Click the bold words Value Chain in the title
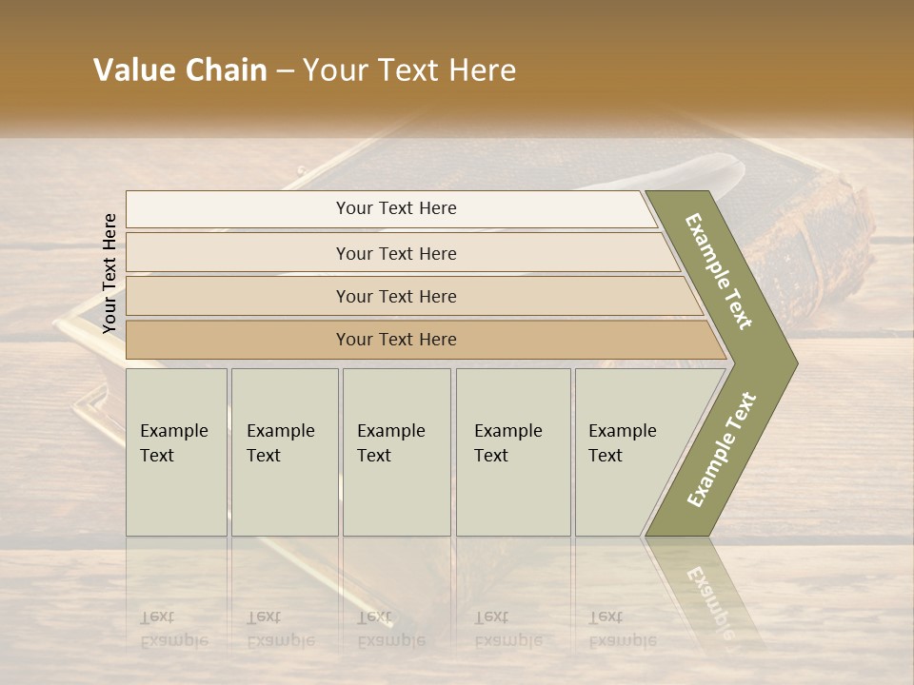180,70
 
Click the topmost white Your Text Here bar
395,208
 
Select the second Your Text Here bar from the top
395,253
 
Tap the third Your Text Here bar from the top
395,296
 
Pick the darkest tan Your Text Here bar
395,340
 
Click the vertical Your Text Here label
109,273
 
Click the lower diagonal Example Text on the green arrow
722,449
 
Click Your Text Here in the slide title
410,70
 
